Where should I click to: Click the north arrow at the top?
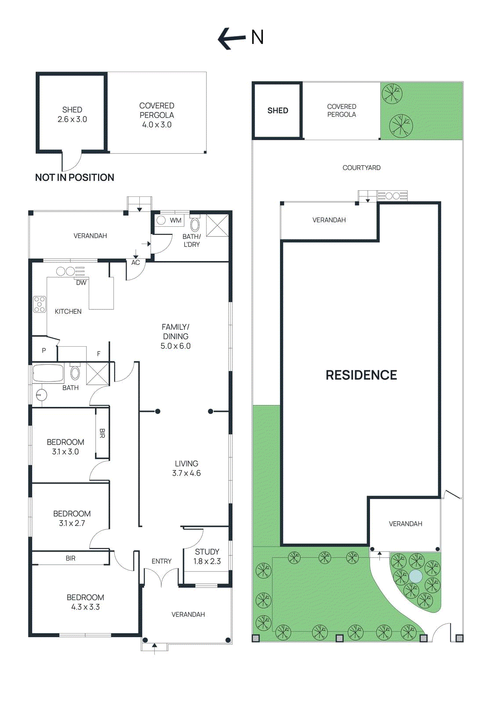pyautogui.click(x=232, y=38)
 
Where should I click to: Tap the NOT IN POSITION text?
pyautogui.click(x=74, y=178)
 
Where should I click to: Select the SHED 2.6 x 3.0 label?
pyautogui.click(x=72, y=114)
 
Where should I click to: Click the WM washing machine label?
pyautogui.click(x=175, y=220)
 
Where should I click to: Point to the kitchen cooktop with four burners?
pyautogui.click(x=40, y=304)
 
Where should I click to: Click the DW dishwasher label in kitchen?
pyautogui.click(x=81, y=283)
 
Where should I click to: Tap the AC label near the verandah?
pyautogui.click(x=135, y=262)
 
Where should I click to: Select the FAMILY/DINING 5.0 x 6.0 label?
pyautogui.click(x=175, y=336)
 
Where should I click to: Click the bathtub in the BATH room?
pyautogui.click(x=48, y=373)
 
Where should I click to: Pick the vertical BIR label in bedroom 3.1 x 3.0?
pyautogui.click(x=102, y=433)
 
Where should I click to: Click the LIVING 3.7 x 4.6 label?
pyautogui.click(x=186, y=468)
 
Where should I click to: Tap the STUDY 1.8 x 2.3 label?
pyautogui.click(x=207, y=556)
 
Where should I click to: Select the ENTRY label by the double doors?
pyautogui.click(x=161, y=561)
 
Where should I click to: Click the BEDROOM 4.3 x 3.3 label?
pyautogui.click(x=85, y=602)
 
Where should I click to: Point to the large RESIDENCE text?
pyautogui.click(x=361, y=375)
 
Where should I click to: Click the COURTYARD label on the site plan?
pyautogui.click(x=361, y=167)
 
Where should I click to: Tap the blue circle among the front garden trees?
pyautogui.click(x=415, y=576)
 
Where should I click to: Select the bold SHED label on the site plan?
pyautogui.click(x=278, y=110)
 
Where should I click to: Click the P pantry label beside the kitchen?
pyautogui.click(x=44, y=350)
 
